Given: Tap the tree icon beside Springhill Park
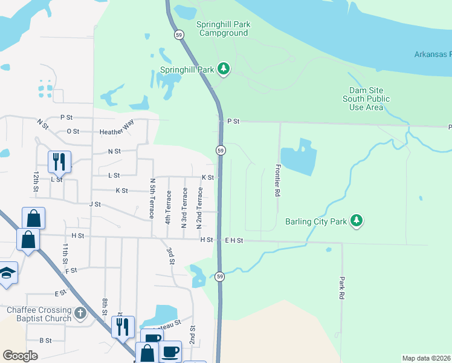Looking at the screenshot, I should [x=224, y=69].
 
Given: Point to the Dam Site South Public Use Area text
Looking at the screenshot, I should [x=366, y=99].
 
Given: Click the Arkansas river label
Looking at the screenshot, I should [x=432, y=54].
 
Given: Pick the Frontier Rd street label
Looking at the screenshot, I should [x=278, y=180].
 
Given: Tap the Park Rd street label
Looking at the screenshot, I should [x=341, y=290].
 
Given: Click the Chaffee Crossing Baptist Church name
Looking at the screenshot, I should [x=39, y=314].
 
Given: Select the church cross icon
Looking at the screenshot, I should [x=81, y=313].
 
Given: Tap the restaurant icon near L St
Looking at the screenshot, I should [x=59, y=162].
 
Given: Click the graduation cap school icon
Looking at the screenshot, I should [x=7, y=273].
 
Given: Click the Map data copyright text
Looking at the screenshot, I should [x=427, y=358].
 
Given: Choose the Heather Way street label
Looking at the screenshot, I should [x=115, y=131].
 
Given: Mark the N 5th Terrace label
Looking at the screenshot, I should [x=152, y=198].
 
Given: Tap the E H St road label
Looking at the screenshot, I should [x=233, y=240].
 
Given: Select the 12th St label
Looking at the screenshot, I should [x=36, y=181].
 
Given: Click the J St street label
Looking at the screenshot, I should [x=94, y=204].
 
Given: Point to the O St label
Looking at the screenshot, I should [x=73, y=131].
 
